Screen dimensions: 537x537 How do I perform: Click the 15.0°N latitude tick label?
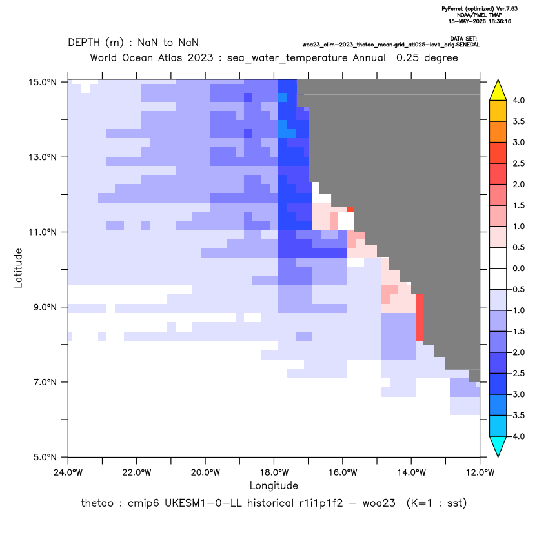42,82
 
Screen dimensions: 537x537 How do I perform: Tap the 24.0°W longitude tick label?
68,472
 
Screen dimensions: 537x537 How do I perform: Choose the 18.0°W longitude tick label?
274,472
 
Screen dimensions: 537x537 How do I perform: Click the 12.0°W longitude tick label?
480,472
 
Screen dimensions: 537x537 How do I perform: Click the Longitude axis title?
274,485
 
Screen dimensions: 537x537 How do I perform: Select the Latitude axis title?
18,268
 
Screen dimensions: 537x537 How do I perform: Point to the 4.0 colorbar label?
518,100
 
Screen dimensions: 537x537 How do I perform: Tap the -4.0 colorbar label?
516,436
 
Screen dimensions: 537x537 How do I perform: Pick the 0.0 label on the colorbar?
518,268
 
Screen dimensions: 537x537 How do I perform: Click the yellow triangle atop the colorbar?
498,90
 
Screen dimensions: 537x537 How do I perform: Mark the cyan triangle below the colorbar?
498,446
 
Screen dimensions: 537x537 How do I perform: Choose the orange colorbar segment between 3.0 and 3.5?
498,132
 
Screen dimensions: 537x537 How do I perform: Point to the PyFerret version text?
480,9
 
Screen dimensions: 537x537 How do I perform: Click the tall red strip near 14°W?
419,318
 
